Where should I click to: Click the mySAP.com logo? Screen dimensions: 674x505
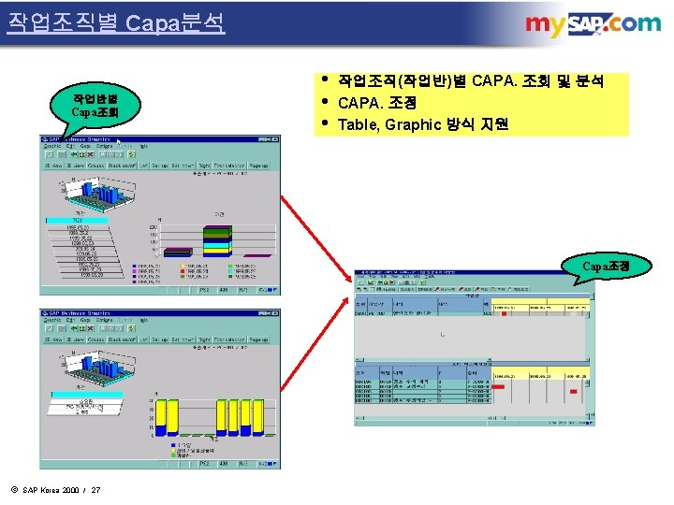[x=593, y=25]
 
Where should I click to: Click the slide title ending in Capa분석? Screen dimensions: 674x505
[x=116, y=22]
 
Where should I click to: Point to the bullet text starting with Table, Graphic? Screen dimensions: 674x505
[x=422, y=124]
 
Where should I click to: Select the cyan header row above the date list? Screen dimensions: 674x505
[x=80, y=221]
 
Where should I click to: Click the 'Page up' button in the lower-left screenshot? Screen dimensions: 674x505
[x=259, y=339]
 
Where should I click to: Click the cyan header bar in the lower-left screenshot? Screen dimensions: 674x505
[x=80, y=404]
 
